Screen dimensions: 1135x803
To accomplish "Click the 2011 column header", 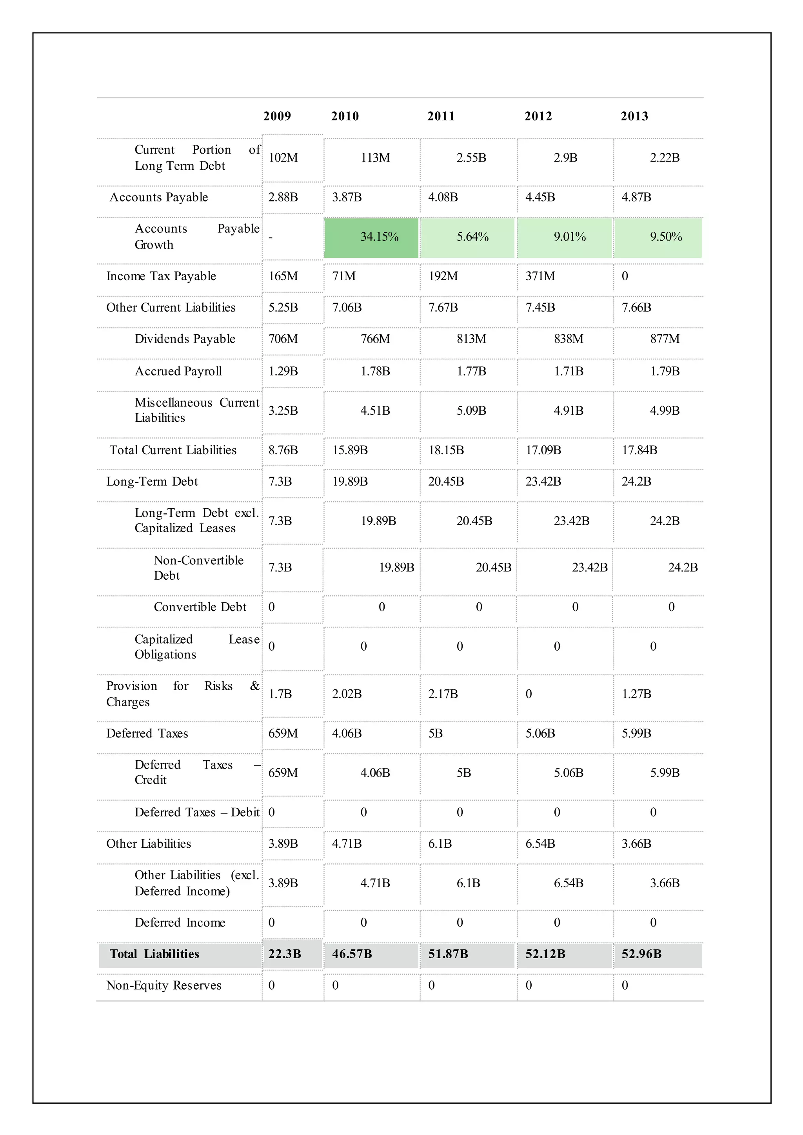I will pos(441,116).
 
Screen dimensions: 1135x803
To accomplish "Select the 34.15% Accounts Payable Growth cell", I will pos(379,237).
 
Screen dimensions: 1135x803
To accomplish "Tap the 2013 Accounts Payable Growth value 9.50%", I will pos(665,237).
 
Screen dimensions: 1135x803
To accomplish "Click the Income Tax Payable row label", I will pos(161,276).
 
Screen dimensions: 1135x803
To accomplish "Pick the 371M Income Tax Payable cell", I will pos(540,276).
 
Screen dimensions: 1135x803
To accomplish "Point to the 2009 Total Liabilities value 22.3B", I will pos(284,954).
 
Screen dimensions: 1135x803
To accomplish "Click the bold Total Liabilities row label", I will pos(154,954).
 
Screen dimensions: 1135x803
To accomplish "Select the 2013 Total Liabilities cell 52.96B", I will pos(641,954).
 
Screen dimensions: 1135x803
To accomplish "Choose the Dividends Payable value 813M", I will pos(471,339).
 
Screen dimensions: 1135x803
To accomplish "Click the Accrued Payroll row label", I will pos(178,371).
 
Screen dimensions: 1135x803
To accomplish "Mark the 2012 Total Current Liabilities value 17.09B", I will pos(543,450).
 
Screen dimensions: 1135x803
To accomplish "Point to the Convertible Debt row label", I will pos(200,607).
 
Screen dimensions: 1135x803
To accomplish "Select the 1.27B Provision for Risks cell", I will pos(636,694).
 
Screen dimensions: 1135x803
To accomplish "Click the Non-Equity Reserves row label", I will pos(164,985).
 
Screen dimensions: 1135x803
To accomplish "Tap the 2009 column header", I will pos(277,116).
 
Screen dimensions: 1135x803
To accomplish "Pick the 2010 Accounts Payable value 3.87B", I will pos(347,197).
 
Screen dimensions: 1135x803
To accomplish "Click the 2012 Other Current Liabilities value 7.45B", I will pos(540,308).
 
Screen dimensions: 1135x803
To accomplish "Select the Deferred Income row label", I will pos(180,923).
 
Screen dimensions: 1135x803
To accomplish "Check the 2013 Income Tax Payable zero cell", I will pos(625,276).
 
